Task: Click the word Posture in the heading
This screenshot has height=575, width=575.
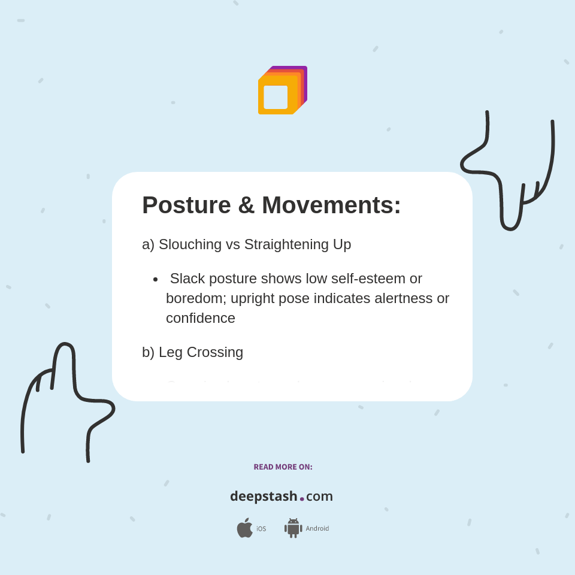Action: pos(186,205)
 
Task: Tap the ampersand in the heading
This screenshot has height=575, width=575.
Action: pos(246,205)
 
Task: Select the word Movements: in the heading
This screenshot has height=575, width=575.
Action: pos(331,205)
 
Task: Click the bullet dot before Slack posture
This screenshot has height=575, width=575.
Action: pos(156,279)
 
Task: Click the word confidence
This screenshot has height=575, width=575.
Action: pos(201,318)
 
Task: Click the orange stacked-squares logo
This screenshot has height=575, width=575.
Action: pos(282,90)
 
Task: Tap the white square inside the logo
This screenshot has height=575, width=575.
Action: pos(276,97)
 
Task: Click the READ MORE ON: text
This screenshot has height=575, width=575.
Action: pos(283,467)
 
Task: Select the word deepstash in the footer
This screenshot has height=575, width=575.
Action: pos(264,497)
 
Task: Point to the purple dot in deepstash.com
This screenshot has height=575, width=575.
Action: pos(302,499)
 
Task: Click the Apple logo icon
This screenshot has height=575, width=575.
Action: pos(244,528)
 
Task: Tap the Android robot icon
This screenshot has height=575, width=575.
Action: pos(293,528)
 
